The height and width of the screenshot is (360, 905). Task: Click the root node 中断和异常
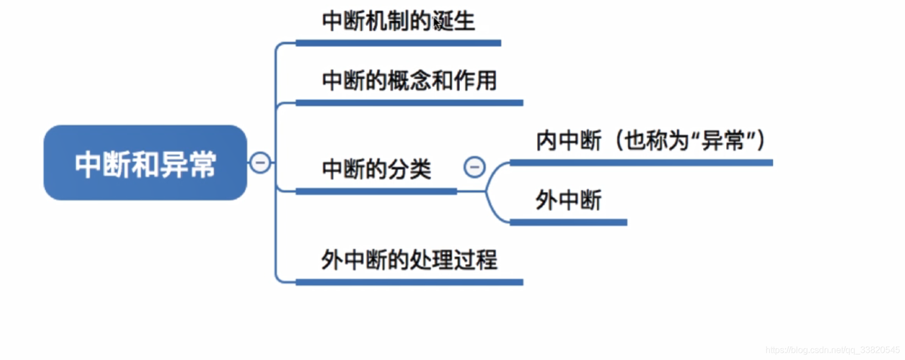click(145, 163)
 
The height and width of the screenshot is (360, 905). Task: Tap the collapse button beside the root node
click(260, 163)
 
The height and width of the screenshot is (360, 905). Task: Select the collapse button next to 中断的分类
click(474, 167)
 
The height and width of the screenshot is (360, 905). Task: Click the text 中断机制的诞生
click(398, 22)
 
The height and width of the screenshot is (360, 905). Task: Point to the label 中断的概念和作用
click(409, 81)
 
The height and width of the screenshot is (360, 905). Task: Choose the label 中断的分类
click(376, 169)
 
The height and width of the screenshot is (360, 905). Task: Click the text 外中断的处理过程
click(409, 260)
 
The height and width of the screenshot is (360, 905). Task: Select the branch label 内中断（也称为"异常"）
click(650, 141)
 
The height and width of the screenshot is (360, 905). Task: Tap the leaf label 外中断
click(569, 200)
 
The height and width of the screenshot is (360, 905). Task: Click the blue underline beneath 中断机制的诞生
click(398, 43)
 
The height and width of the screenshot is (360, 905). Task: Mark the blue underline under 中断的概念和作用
click(409, 103)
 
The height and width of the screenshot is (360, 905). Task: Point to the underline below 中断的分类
click(376, 191)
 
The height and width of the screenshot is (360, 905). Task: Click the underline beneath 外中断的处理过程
click(409, 282)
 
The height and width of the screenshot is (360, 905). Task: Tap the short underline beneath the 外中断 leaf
click(568, 222)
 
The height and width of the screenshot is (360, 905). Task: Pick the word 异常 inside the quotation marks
click(723, 141)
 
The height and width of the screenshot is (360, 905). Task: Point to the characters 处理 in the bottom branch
click(431, 260)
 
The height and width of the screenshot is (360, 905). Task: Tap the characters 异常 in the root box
click(188, 164)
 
